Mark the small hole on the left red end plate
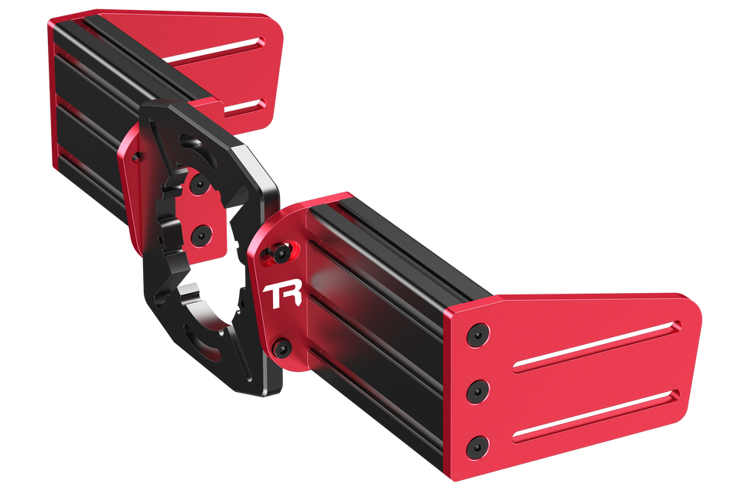[137, 157]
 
